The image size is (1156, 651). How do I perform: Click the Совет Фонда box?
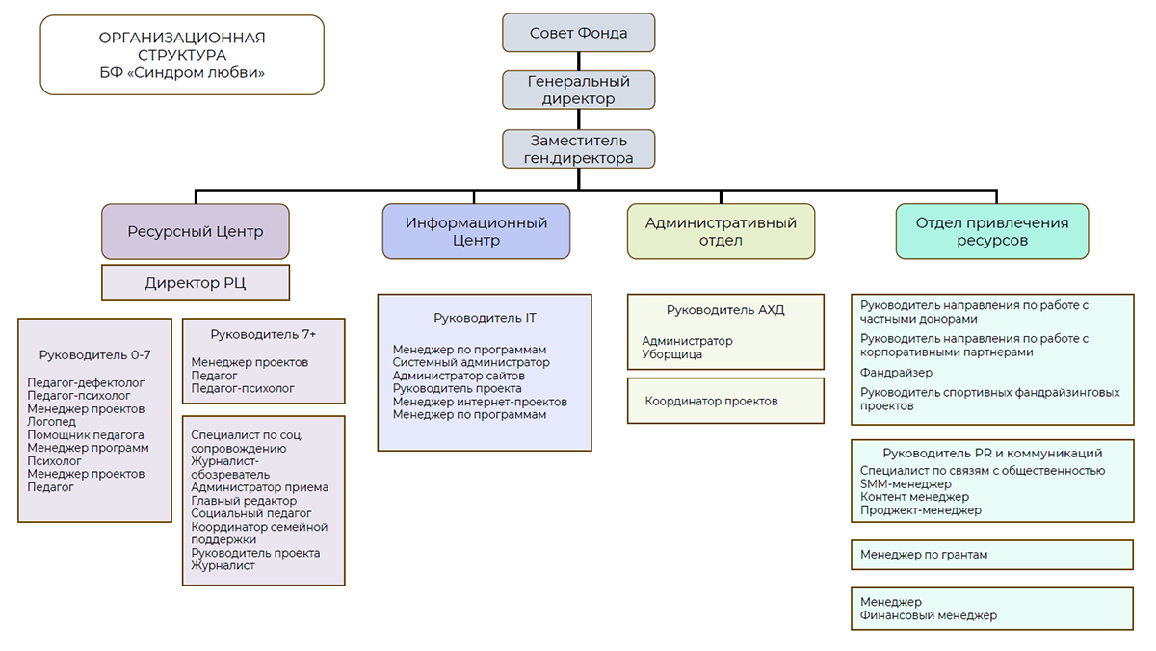[x=578, y=33]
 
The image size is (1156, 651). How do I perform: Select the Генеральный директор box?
[x=578, y=90]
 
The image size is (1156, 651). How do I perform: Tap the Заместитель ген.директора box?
[x=578, y=149]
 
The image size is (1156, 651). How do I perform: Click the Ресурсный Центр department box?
[x=195, y=231]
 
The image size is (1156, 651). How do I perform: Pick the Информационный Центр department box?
[x=476, y=231]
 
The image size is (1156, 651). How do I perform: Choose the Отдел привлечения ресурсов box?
[x=991, y=231]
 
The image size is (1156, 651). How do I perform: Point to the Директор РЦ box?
[x=195, y=283]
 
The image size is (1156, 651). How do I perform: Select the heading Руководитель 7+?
[x=263, y=334]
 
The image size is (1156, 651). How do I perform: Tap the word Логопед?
[x=51, y=422]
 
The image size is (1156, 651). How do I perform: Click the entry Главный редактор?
[x=244, y=501]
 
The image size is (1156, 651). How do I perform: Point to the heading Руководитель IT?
[x=485, y=317]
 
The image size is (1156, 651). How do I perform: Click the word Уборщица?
[x=671, y=354]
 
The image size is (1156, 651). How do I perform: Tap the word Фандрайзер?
[x=896, y=373]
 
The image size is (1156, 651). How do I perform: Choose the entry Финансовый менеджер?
[x=929, y=615]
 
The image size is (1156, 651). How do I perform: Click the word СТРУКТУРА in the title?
[x=182, y=55]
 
